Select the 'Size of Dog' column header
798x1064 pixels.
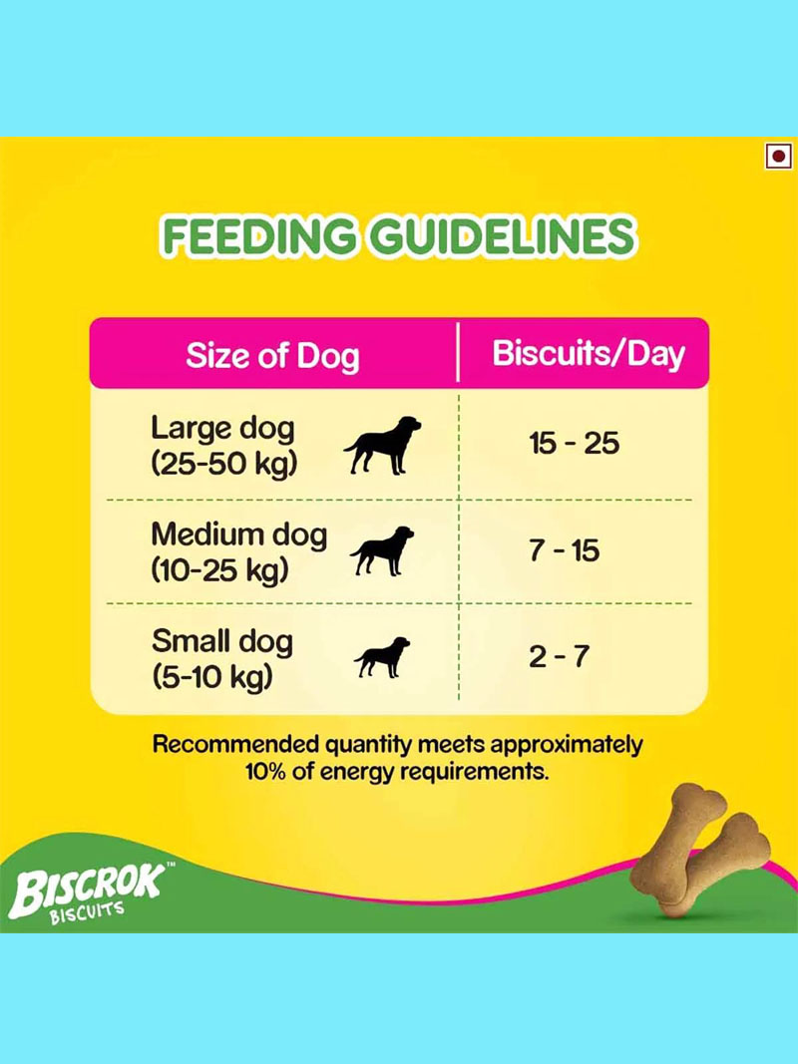[272, 356]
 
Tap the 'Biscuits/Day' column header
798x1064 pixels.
[589, 354]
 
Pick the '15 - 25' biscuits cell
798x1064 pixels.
[575, 443]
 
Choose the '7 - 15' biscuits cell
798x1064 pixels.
[565, 550]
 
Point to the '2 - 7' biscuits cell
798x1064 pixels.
[560, 656]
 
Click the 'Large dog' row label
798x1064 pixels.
[223, 430]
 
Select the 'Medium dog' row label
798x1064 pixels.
[238, 535]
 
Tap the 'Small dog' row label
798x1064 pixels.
[222, 642]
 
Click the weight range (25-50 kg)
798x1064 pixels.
[224, 464]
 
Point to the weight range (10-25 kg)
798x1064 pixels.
[219, 570]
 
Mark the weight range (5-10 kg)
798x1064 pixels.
[212, 676]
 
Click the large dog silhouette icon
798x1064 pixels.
[383, 445]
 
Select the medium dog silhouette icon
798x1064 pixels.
[383, 551]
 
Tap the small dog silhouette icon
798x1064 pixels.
[383, 657]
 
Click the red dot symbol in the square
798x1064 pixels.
[778, 158]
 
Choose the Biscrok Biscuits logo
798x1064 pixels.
[88, 891]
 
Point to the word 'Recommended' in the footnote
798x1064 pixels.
[235, 744]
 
